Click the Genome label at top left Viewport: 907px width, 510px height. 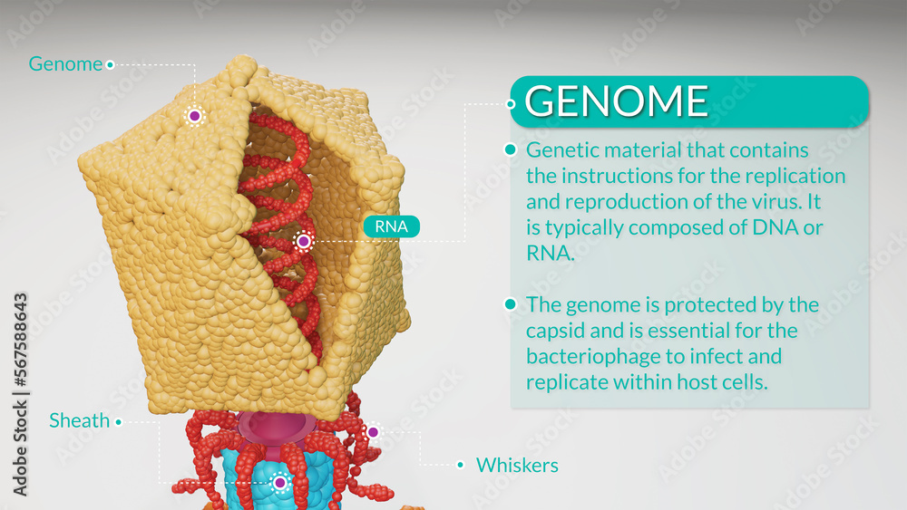[x=65, y=64]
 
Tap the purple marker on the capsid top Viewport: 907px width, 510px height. [x=194, y=116]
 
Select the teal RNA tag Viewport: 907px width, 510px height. [x=392, y=226]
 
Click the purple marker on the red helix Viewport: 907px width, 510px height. [x=303, y=242]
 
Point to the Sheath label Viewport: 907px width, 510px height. [x=79, y=420]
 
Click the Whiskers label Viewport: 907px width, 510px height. [x=517, y=466]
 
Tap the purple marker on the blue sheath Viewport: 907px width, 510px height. [x=280, y=483]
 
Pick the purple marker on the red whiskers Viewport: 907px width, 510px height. [x=372, y=432]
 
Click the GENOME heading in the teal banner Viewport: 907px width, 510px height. [x=617, y=101]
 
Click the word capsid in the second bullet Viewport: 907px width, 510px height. [x=557, y=330]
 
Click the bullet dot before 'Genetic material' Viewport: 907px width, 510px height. [x=511, y=149]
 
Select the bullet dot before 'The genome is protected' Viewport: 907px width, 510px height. [x=511, y=304]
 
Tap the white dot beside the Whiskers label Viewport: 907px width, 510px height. [x=461, y=466]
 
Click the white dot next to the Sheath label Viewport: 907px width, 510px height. [x=118, y=421]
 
